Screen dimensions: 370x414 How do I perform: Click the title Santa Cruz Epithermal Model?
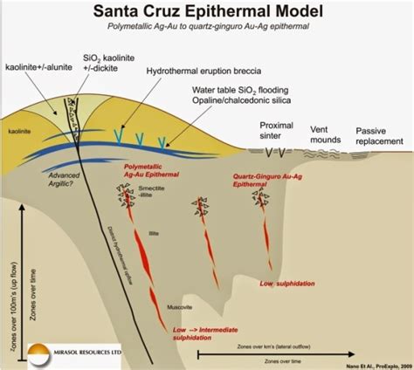pyautogui.click(x=207, y=12)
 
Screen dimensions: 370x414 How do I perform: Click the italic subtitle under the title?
pyautogui.click(x=207, y=29)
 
